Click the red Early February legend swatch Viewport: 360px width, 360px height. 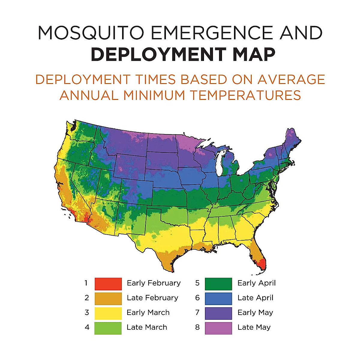click(108, 283)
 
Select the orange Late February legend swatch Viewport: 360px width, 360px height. click(108, 298)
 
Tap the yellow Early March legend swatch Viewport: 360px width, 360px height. click(108, 313)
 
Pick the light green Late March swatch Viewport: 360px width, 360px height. click(108, 328)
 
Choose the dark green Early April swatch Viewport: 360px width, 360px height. click(218, 283)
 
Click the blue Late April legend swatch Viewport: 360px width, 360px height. click(218, 298)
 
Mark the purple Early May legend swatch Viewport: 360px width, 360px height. click(218, 313)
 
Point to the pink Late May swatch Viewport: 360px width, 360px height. click(218, 328)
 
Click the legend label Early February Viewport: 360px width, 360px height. click(154, 283)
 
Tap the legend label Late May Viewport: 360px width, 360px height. click(254, 327)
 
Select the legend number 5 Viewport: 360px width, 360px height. click(197, 283)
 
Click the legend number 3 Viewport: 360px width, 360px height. click(87, 313)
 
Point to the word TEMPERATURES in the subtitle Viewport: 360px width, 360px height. click(245, 95)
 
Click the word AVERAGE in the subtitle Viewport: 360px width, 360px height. click(291, 79)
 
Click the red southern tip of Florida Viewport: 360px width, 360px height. click(262, 264)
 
